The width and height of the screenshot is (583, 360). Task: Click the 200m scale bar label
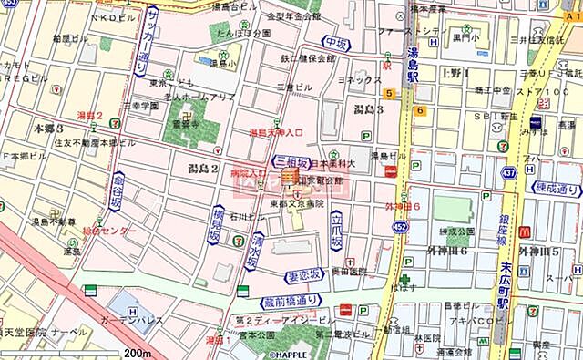coord(138,352)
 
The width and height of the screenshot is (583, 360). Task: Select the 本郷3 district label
coord(47,129)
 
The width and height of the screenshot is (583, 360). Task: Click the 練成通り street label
coord(557,190)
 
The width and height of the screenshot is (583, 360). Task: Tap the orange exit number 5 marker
coord(388,93)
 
